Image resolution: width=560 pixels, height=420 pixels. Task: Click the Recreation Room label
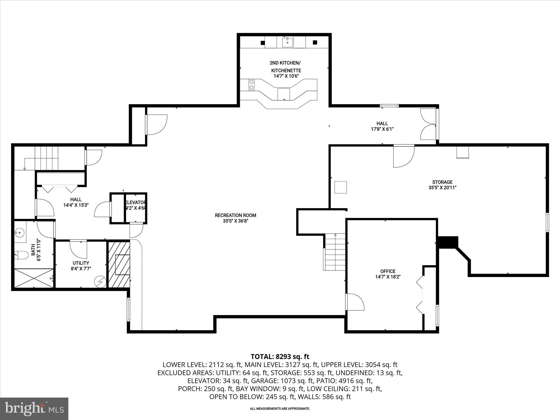point(235,215)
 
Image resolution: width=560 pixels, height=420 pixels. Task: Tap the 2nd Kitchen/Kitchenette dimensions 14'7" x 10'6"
point(286,76)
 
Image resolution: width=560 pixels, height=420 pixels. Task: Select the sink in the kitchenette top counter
point(287,43)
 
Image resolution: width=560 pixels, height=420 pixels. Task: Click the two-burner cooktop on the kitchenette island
point(251,84)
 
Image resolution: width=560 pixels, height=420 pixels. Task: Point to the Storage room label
point(442,182)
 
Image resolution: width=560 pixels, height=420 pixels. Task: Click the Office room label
point(388,271)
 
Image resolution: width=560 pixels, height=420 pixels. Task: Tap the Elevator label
point(135,203)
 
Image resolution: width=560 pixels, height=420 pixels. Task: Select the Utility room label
point(81,263)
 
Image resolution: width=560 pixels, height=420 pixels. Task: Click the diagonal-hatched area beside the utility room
point(119,264)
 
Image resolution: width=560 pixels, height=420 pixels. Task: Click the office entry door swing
point(355,302)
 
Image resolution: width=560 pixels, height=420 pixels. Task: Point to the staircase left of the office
point(335,252)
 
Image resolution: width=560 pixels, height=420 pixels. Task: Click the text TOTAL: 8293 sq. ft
point(280,357)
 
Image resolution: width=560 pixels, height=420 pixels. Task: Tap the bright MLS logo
point(34,409)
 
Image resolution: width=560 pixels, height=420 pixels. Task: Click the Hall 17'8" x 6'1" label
point(382,126)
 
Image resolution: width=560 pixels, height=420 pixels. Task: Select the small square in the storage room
point(341,187)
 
